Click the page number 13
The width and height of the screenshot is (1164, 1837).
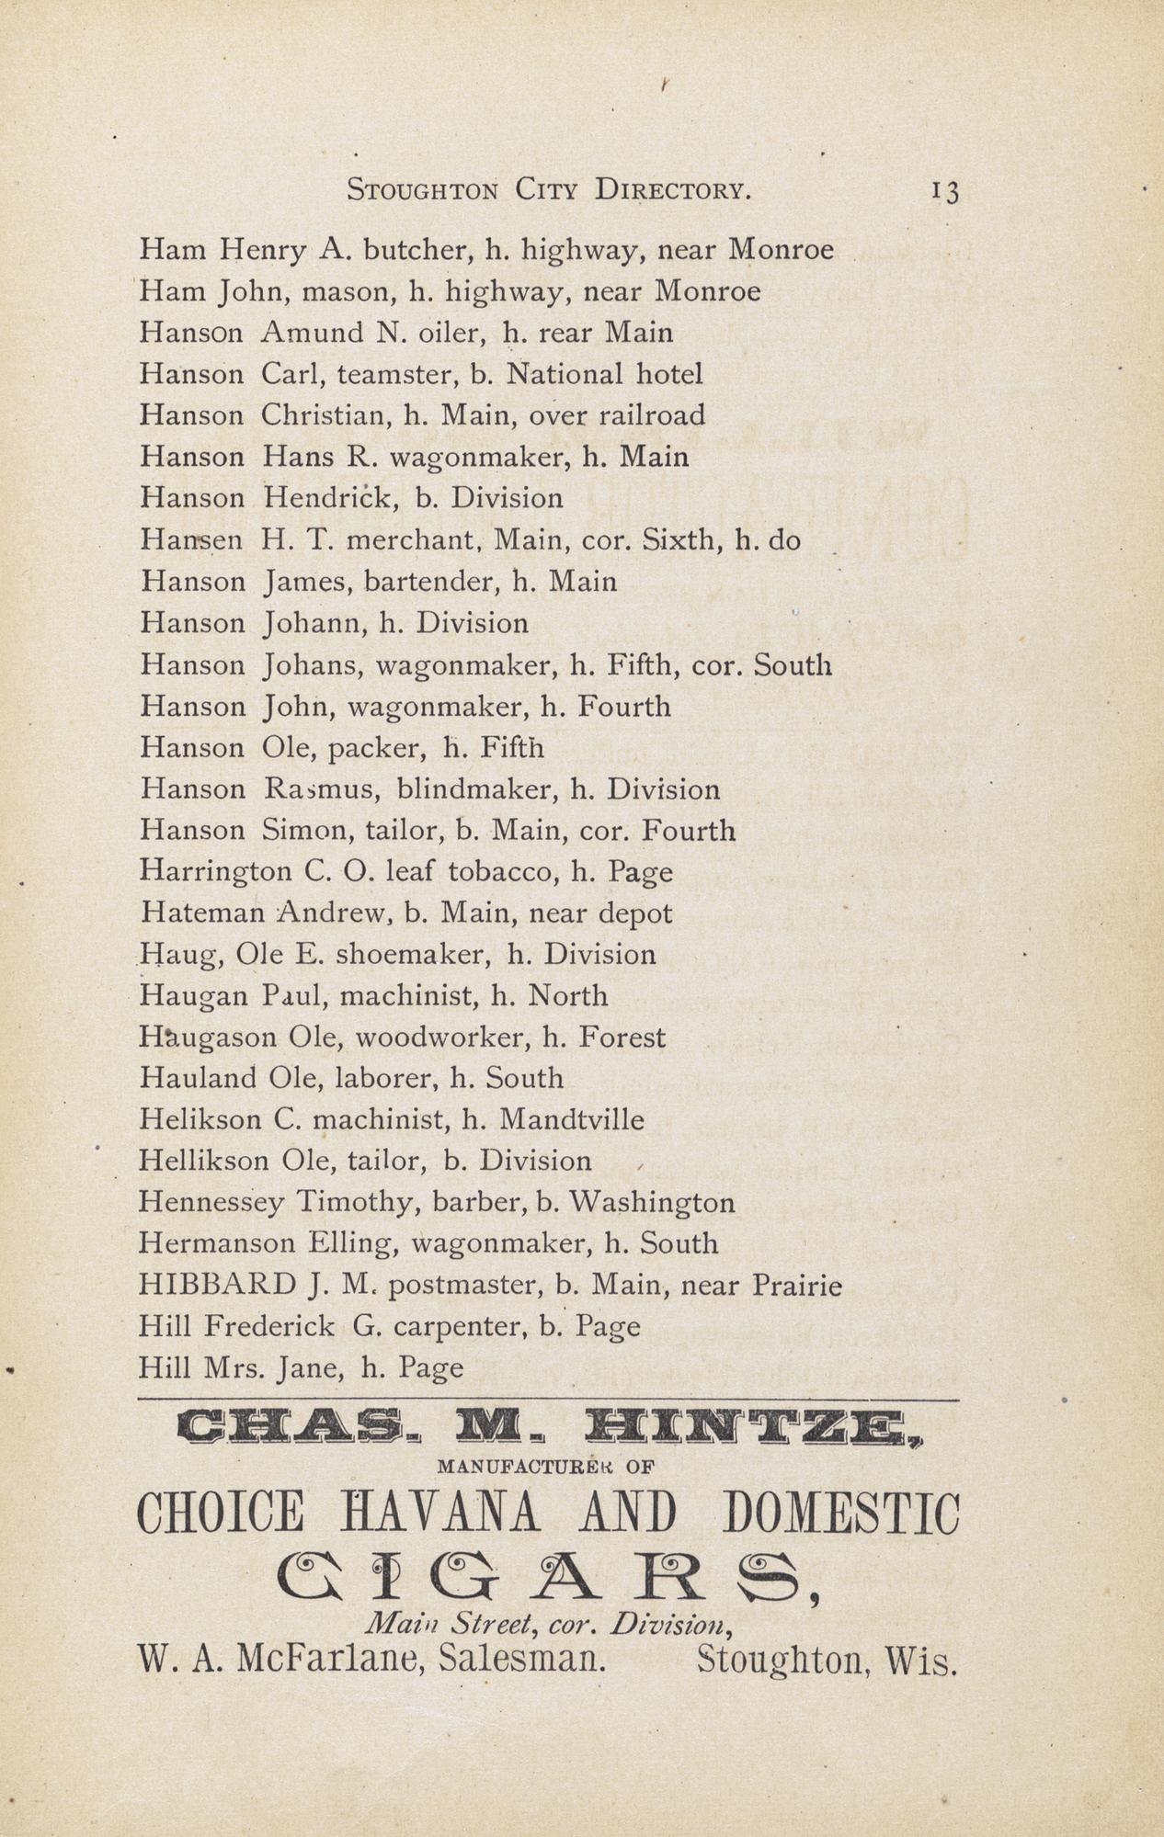945,191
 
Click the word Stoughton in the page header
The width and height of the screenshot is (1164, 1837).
422,190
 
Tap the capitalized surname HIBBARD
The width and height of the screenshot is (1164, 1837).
217,1285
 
